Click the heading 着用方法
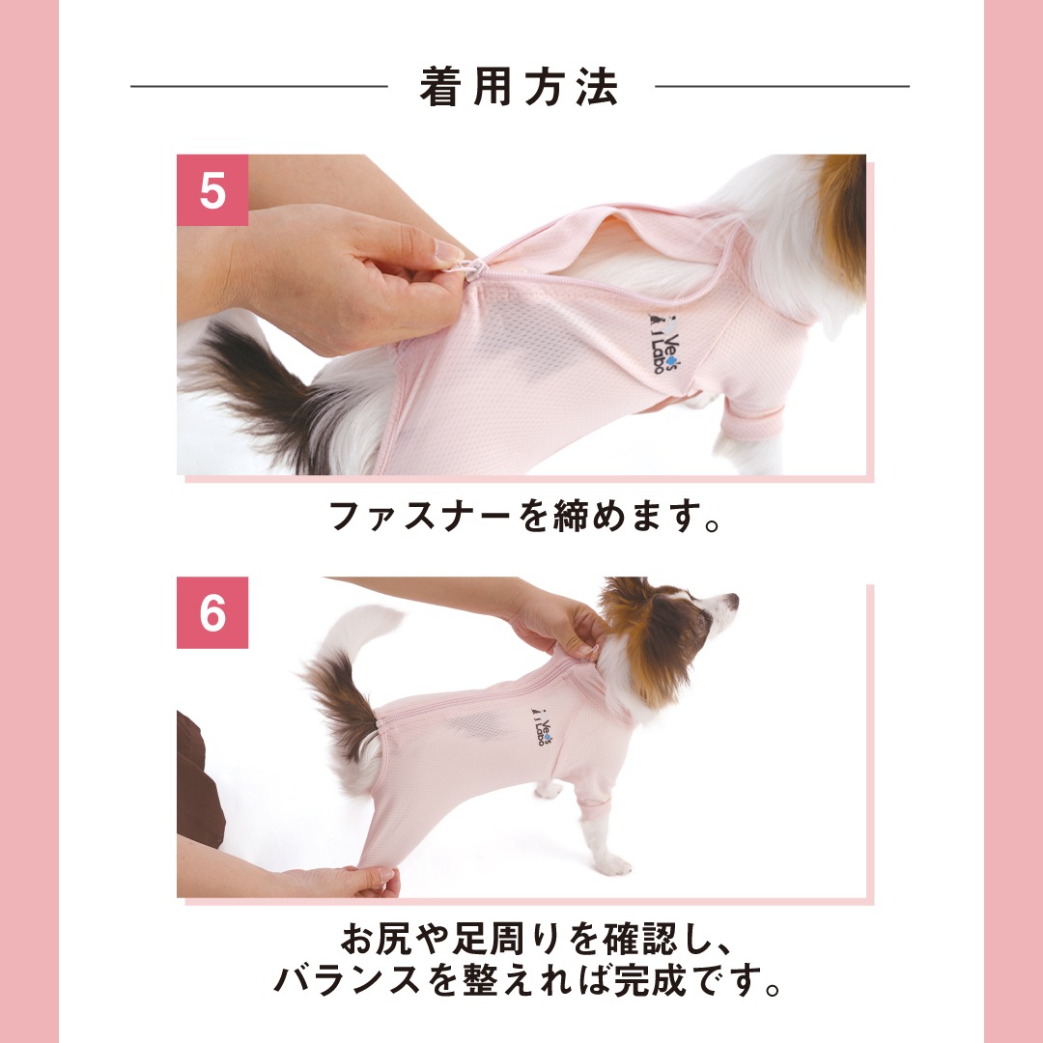519,87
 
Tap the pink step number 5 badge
212,190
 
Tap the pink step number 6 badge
212,612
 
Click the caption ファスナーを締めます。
524,516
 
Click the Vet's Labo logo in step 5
663,344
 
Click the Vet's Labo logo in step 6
542,726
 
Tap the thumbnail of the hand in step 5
447,252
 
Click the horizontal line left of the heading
259,86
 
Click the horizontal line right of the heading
781,86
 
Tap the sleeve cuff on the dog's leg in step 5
755,422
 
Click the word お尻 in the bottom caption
378,939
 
